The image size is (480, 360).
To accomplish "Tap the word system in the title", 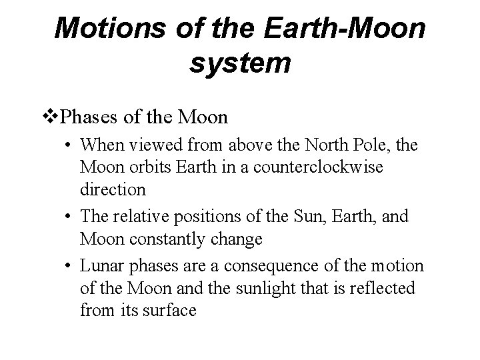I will coord(240,63).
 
